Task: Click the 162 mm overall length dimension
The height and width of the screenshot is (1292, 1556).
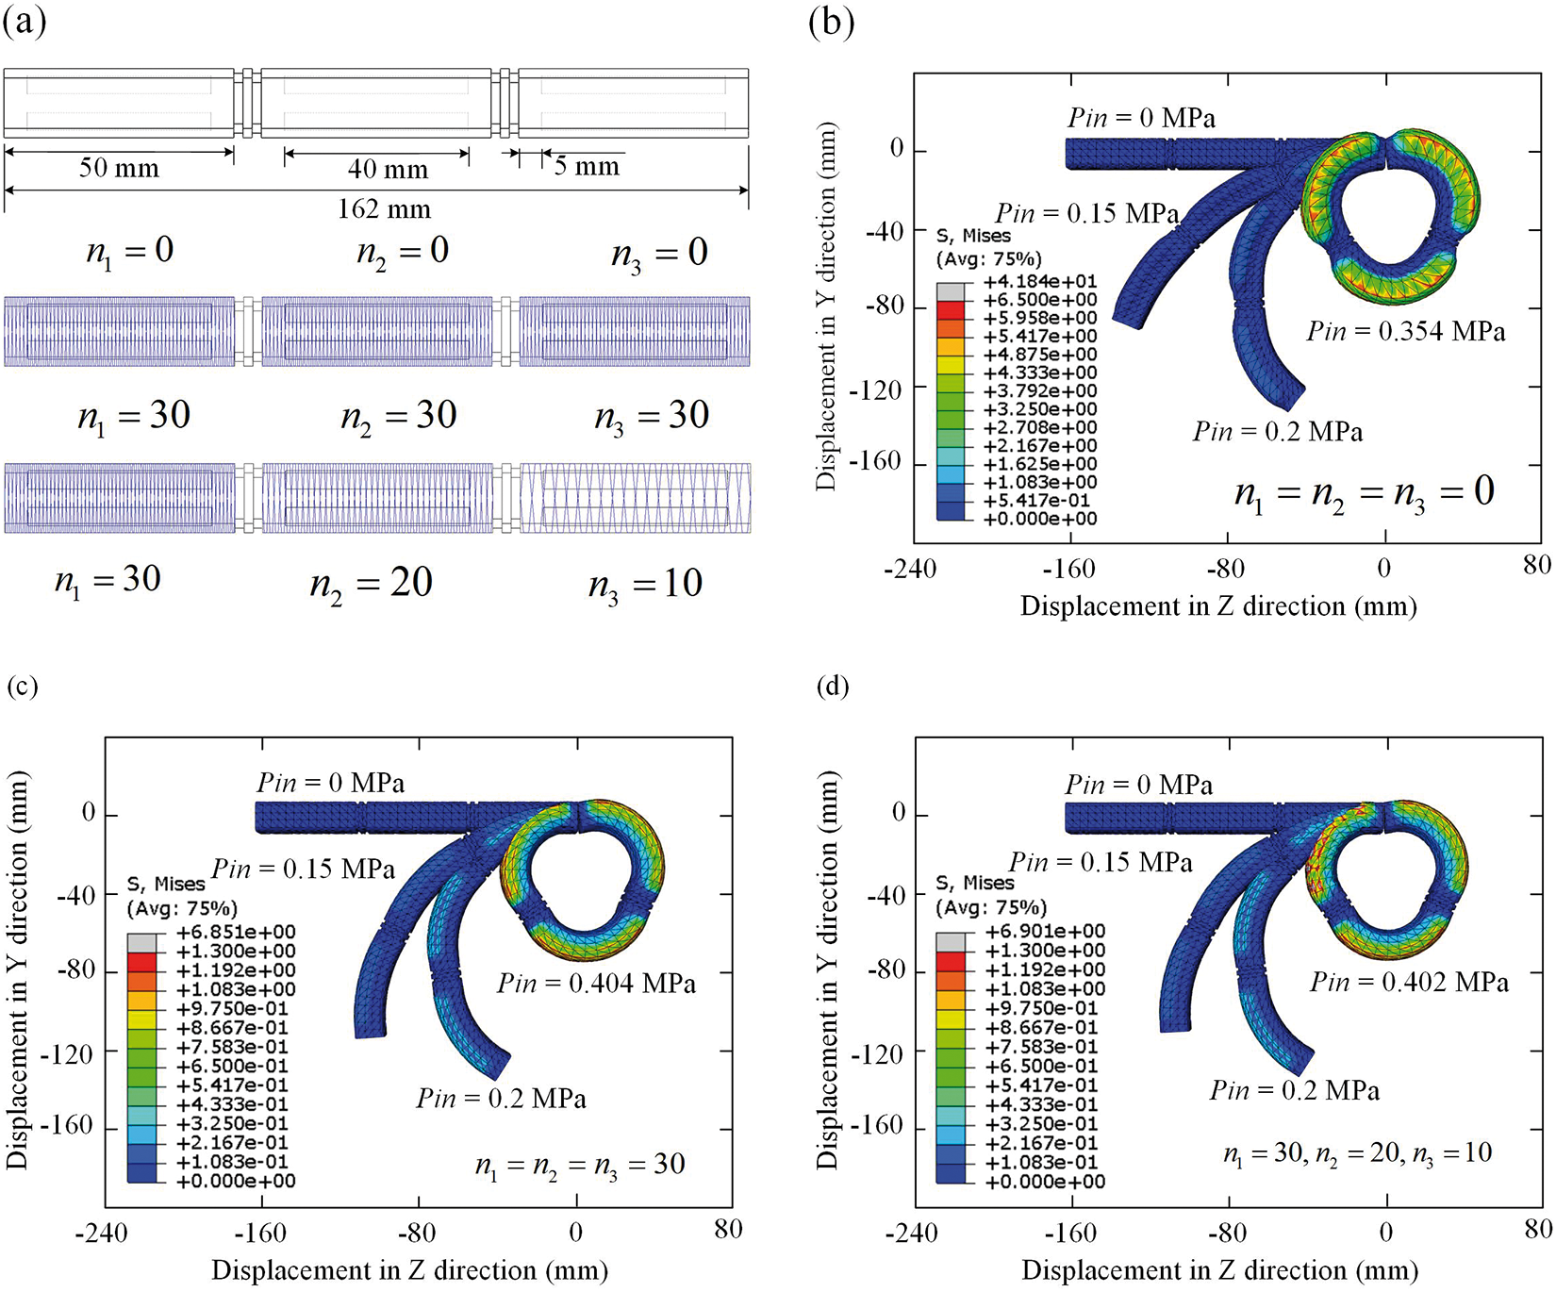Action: pyautogui.click(x=384, y=208)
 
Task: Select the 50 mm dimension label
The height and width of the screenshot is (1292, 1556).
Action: pyautogui.click(x=119, y=168)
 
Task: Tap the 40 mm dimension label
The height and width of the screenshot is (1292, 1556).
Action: pyautogui.click(x=388, y=169)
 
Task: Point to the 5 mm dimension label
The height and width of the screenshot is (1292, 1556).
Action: pyautogui.click(x=587, y=167)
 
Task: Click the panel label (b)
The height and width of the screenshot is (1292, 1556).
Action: pyautogui.click(x=831, y=22)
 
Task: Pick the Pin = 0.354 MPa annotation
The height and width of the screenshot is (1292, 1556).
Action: pyautogui.click(x=1405, y=332)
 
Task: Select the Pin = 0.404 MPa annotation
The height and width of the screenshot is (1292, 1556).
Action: pyautogui.click(x=596, y=984)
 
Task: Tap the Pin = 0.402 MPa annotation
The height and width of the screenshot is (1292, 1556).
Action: pyautogui.click(x=1409, y=983)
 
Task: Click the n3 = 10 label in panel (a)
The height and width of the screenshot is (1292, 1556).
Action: pyautogui.click(x=645, y=585)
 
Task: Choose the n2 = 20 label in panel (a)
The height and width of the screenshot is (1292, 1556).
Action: pyautogui.click(x=371, y=584)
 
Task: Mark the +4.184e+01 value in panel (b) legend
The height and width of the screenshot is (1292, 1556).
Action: pyautogui.click(x=1040, y=281)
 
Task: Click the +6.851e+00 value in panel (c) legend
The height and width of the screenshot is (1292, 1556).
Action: pyautogui.click(x=236, y=932)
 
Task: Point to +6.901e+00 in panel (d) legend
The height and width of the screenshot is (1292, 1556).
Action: pyautogui.click(x=1045, y=931)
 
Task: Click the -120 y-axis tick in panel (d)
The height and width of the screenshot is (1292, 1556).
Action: pyautogui.click(x=876, y=1053)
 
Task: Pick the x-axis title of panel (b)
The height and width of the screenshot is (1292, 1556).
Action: pyautogui.click(x=1218, y=606)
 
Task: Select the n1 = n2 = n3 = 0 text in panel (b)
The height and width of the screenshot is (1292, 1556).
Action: pyautogui.click(x=1364, y=492)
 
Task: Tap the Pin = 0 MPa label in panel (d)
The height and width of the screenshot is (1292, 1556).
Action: pyautogui.click(x=1139, y=785)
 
